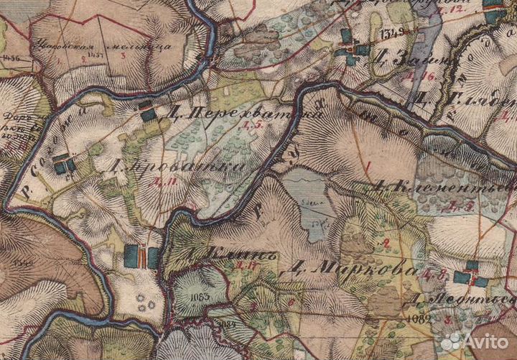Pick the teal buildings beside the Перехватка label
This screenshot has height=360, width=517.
[149, 112]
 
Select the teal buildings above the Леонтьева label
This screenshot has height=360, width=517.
[470, 274]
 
